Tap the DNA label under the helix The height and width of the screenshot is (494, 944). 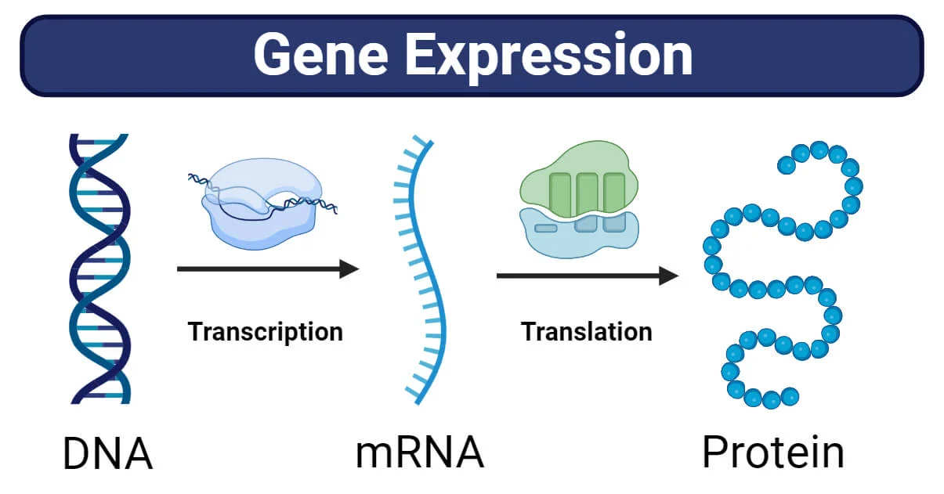tap(107, 455)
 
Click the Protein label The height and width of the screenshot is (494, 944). tap(772, 453)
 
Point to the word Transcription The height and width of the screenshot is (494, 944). tap(266, 331)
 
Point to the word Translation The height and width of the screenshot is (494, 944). tap(587, 331)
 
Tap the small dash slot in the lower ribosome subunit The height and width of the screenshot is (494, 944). tap(546, 228)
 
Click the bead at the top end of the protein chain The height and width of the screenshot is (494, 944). tap(786, 165)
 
